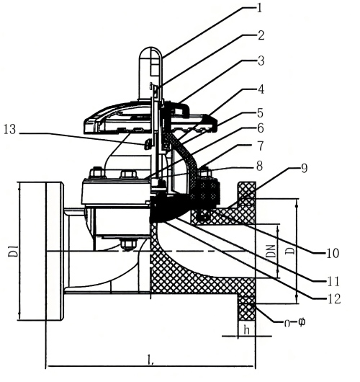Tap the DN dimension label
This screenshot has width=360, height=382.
(x=286, y=251)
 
